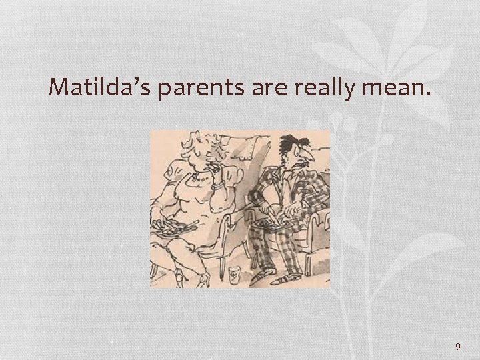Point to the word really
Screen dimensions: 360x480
pos(319,87)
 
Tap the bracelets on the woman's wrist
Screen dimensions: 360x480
pos(217,187)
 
